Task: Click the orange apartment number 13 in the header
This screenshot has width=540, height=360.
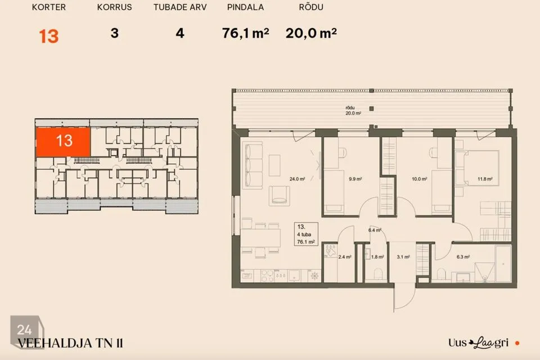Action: coord(48,36)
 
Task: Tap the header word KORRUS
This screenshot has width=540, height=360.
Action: coord(114,7)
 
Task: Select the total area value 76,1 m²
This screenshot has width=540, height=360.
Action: coord(245,33)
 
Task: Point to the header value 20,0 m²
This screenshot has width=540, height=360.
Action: coord(311,33)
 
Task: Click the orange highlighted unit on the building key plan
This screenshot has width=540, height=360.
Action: coord(63,142)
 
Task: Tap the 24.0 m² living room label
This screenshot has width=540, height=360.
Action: coord(297,179)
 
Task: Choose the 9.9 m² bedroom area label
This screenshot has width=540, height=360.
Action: coord(355,179)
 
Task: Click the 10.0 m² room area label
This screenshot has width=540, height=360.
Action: coord(420,179)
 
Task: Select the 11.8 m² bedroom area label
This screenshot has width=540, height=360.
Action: coord(485,179)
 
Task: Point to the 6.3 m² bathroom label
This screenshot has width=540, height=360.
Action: coord(463,257)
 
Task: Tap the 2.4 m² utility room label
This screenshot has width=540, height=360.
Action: coord(344,257)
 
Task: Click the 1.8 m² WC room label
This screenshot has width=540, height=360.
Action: coord(377,257)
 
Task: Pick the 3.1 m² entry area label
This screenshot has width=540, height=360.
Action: coord(403,257)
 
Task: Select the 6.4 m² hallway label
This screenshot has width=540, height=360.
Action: coord(375,230)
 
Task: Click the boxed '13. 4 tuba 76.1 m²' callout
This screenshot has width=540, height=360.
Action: coord(306,234)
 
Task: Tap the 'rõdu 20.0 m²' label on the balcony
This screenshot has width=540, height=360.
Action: coord(353,110)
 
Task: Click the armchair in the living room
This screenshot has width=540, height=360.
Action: coord(280,195)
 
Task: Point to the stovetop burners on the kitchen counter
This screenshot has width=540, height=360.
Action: coord(268,275)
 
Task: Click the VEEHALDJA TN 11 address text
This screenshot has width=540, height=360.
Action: coord(70,344)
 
